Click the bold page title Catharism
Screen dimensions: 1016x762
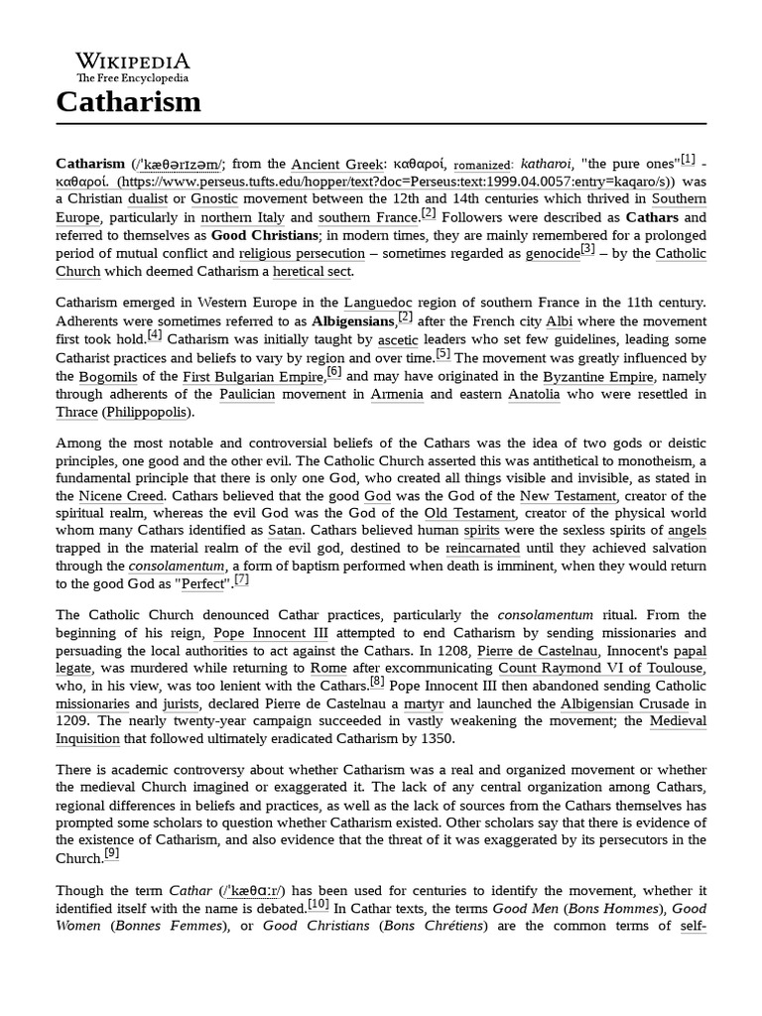(128, 101)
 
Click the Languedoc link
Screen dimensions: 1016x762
(378, 304)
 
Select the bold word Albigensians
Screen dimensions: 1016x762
(352, 322)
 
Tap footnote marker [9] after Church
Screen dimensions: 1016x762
(112, 853)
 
